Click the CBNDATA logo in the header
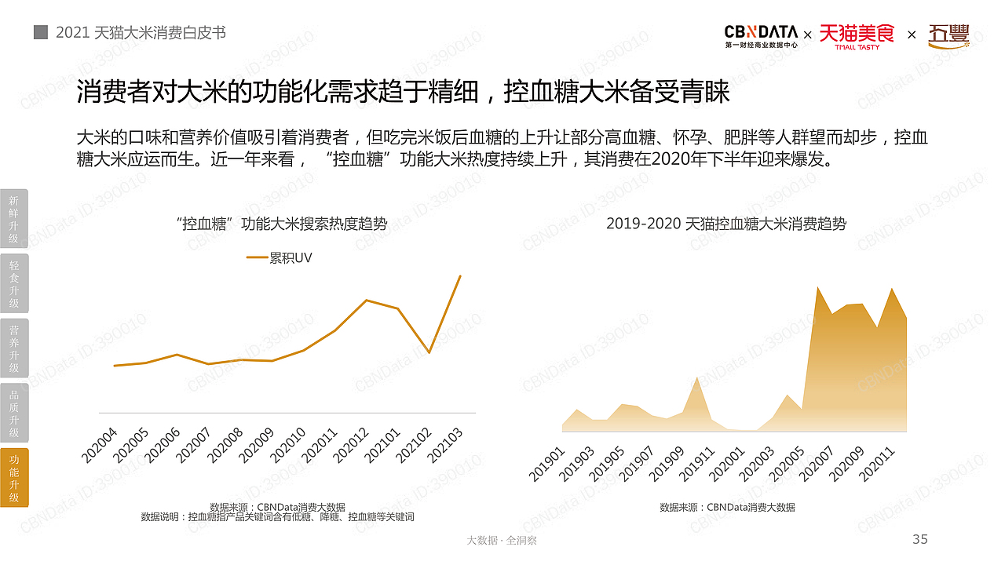tap(761, 35)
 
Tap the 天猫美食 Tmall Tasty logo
tap(857, 36)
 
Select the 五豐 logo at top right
tap(948, 36)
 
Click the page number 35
tap(919, 539)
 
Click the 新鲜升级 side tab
tap(14, 219)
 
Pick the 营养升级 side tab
tap(14, 348)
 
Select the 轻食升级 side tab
tap(14, 284)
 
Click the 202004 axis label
tap(99, 444)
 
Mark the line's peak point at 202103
tap(460, 275)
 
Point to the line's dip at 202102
tap(429, 352)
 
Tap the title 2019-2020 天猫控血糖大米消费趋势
tap(726, 224)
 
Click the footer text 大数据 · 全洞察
tap(502, 541)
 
